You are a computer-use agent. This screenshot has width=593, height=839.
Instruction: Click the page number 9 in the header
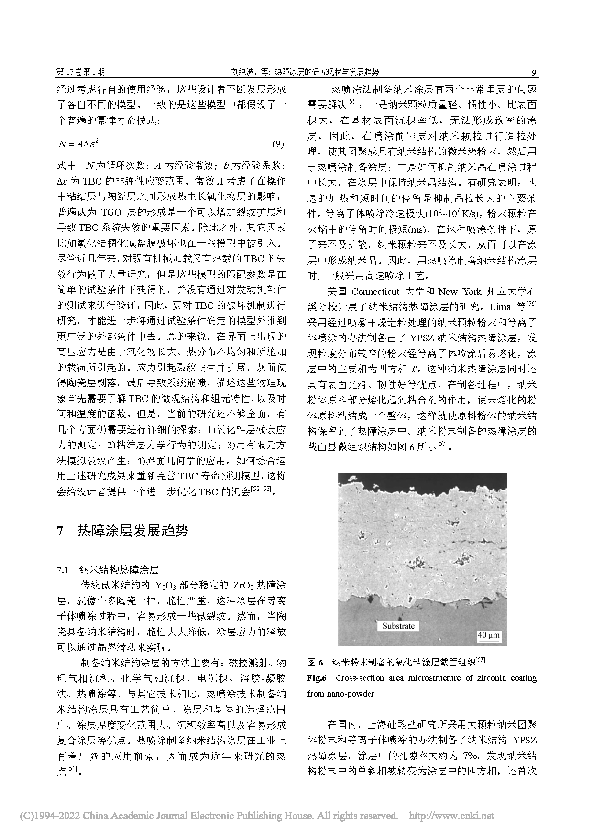click(x=534, y=73)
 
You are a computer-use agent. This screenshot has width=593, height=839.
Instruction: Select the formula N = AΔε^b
click(x=78, y=144)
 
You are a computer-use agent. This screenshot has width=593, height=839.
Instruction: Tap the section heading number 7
click(x=60, y=531)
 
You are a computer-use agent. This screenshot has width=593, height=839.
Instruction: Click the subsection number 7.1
click(x=64, y=570)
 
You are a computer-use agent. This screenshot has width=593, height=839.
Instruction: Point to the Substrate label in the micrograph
click(x=398, y=626)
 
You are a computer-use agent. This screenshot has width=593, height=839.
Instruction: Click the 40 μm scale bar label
click(x=488, y=635)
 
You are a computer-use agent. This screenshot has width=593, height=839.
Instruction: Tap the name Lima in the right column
click(x=500, y=306)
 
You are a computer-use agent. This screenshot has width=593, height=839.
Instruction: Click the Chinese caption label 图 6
click(x=316, y=663)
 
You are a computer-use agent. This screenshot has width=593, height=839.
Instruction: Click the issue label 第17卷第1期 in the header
click(x=81, y=72)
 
